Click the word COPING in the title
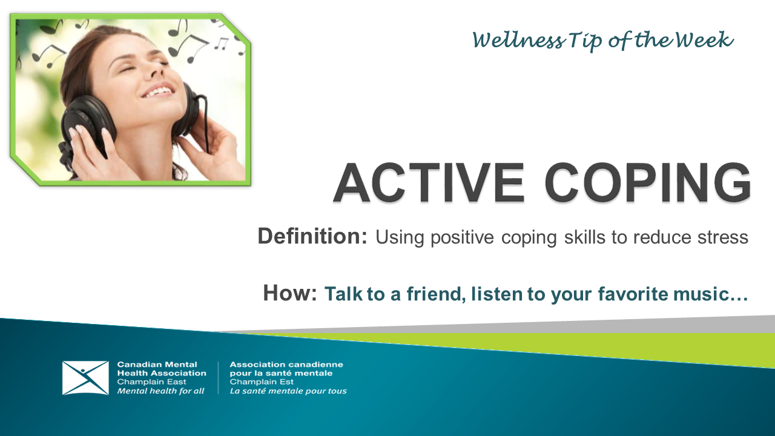(x=647, y=182)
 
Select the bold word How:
(x=290, y=294)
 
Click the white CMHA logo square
(x=85, y=378)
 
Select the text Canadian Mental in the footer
(x=157, y=365)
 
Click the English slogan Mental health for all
(x=160, y=391)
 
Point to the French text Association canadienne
(x=286, y=365)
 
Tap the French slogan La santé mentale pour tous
(x=288, y=391)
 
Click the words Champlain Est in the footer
(x=262, y=382)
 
